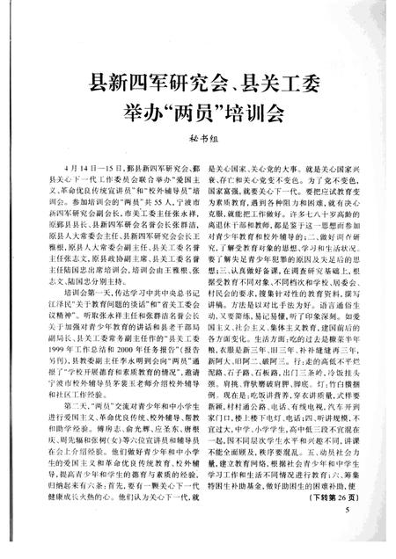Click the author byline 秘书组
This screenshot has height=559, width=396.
click(x=199, y=136)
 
